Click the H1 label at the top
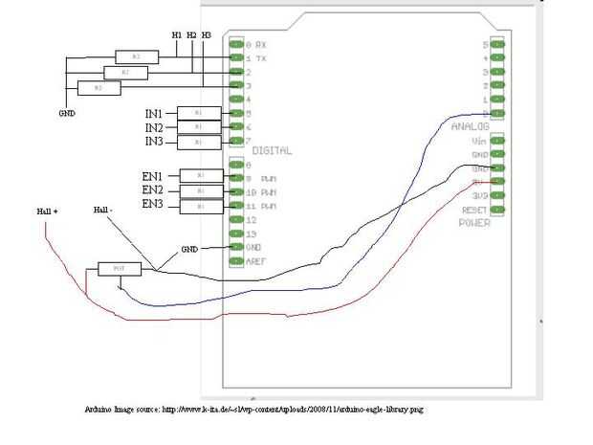coord(177,35)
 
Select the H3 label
coord(207,35)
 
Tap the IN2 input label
coord(155,127)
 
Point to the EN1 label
coord(153,176)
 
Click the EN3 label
coord(153,205)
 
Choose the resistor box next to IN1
coord(198,113)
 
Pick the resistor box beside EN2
coord(200,191)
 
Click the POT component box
coord(120,269)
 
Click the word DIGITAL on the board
coord(272,151)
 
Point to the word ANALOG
coord(470,126)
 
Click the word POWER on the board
coord(475,223)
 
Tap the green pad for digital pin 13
coord(235,233)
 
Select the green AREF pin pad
coord(235,259)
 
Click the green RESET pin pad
coord(496,209)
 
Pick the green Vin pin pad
coord(496,141)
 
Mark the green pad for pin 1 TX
coord(235,58)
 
